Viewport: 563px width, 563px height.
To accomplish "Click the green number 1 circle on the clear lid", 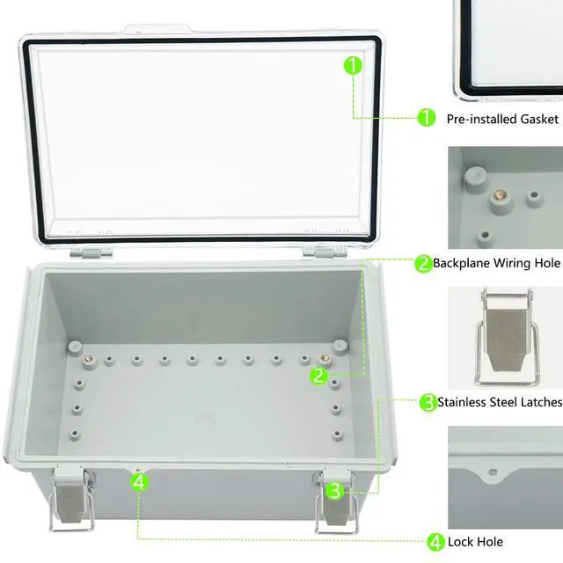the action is point(352,65).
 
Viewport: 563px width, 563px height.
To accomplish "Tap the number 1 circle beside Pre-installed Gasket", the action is point(426,117).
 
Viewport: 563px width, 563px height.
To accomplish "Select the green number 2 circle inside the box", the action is point(318,376).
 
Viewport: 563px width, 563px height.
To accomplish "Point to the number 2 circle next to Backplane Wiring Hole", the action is point(423,263).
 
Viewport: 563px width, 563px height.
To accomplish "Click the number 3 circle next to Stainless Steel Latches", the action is point(428,403).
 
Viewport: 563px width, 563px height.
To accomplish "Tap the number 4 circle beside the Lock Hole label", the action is point(436,542).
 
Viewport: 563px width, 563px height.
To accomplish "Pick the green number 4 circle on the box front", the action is point(139,481).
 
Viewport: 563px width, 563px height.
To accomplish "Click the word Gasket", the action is point(537,118).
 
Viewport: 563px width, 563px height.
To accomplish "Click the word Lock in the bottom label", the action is point(462,542).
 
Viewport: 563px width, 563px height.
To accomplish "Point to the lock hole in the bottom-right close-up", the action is point(493,472).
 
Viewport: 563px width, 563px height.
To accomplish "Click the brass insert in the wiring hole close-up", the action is point(499,195).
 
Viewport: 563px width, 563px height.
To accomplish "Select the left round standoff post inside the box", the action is point(75,345).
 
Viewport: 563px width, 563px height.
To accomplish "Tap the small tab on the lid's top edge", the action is point(146,30).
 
